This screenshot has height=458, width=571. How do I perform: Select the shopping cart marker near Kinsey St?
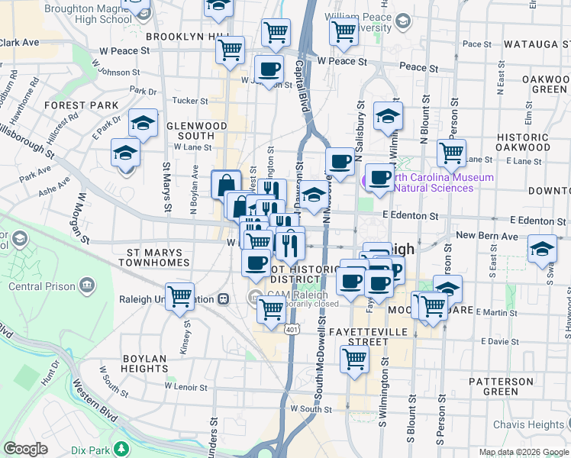180,295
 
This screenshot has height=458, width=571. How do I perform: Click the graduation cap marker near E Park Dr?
143,121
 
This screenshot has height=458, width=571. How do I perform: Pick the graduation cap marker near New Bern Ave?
542,249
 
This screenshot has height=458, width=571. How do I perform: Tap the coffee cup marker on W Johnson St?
269,69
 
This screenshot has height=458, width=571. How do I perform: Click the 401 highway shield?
292,329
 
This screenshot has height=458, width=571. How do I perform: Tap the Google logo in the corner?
25,449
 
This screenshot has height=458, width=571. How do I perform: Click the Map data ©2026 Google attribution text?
523,452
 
